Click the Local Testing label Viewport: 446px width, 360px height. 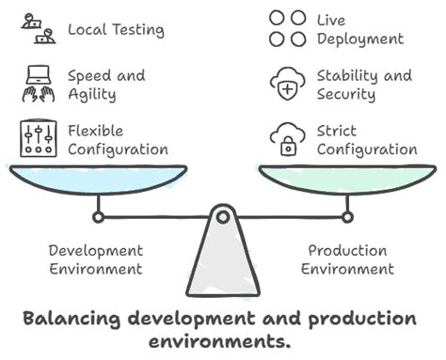tap(116, 29)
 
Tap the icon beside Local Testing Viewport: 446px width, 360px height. tap(37, 29)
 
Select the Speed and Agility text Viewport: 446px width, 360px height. tap(107, 85)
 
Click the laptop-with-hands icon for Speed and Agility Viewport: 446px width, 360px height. tap(37, 85)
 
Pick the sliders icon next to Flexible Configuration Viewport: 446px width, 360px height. tap(37, 139)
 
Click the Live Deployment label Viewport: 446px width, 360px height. tap(360, 29)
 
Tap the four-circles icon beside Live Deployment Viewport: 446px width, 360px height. tap(287, 28)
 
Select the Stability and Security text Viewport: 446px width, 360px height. tap(364, 85)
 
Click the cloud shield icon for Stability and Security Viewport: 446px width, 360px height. tap(287, 85)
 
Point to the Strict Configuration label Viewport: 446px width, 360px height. tap(366, 140)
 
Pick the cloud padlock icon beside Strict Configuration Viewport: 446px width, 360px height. tap(287, 140)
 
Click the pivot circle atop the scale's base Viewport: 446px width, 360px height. tap(222, 217)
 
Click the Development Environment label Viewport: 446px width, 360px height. tap(96, 259)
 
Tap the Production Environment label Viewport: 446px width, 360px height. tap(347, 259)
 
